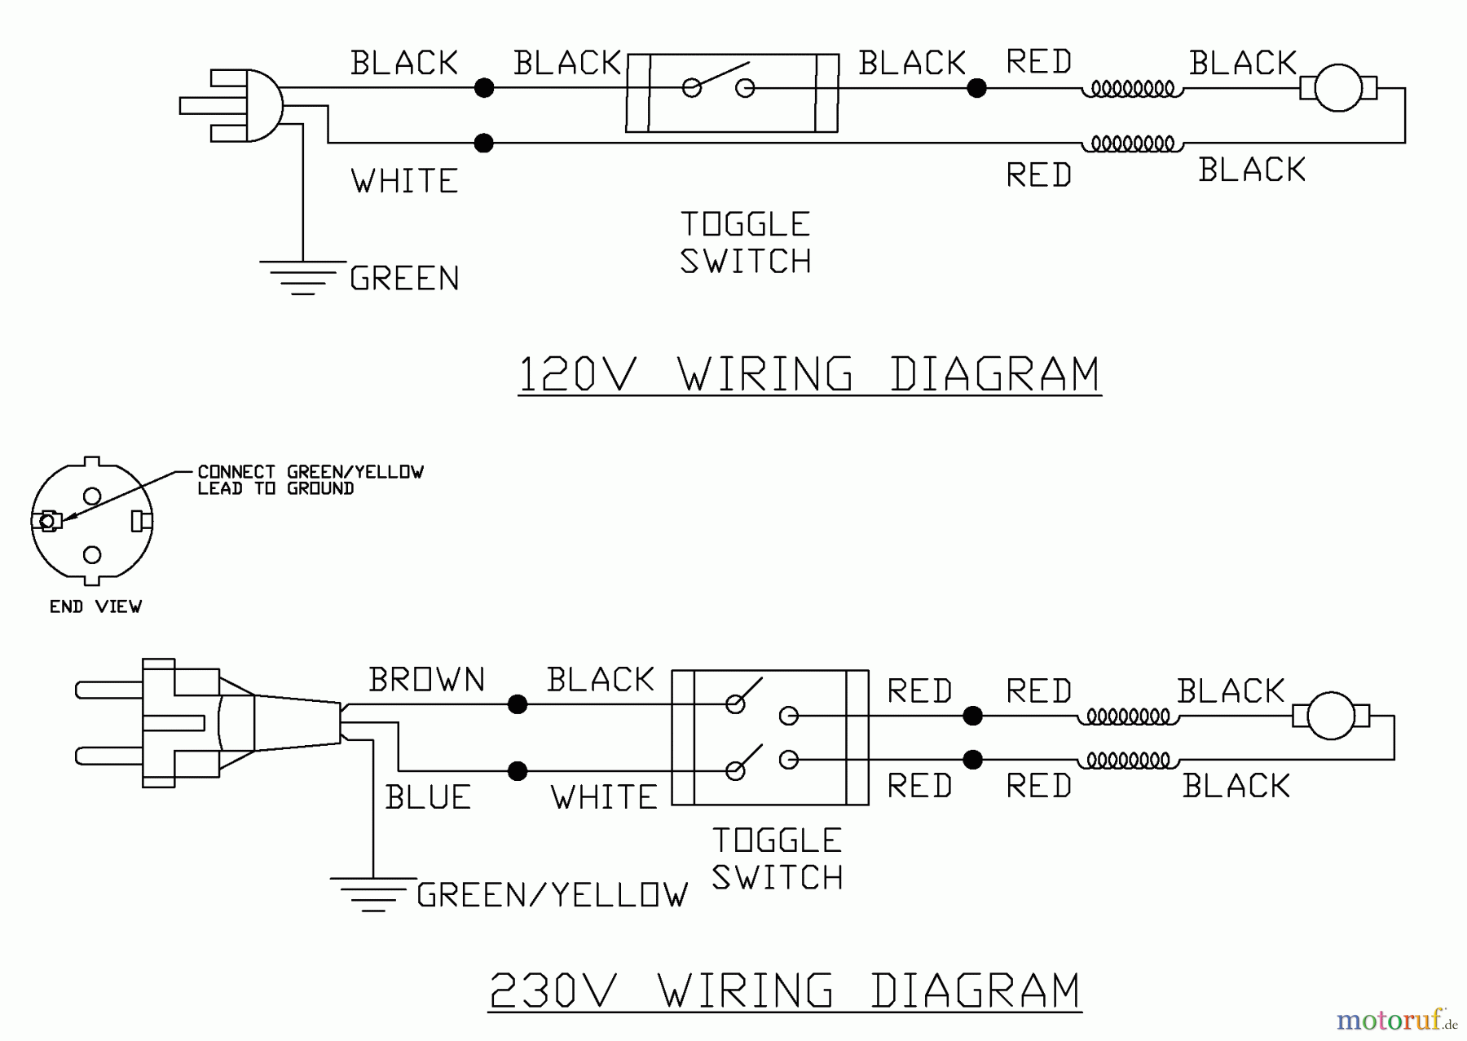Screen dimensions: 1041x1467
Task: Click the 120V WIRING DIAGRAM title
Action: [x=809, y=375]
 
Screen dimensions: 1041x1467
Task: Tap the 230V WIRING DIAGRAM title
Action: [x=785, y=991]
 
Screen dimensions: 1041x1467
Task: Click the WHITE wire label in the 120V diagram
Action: [x=405, y=181]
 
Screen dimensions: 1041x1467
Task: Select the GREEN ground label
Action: [x=405, y=279]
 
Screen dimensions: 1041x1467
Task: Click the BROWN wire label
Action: [x=427, y=680]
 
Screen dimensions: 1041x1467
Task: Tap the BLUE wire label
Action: [x=429, y=797]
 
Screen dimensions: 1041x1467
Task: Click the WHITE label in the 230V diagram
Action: [x=604, y=797]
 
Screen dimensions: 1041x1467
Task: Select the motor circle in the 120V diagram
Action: [x=1338, y=87]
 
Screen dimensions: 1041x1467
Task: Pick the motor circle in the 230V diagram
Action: [x=1331, y=716]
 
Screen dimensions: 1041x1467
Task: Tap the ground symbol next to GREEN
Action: [x=302, y=277]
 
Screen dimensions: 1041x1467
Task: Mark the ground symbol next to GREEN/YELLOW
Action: [x=372, y=893]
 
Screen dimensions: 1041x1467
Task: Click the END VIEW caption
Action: [x=95, y=607]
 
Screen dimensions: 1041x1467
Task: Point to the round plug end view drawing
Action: [x=92, y=521]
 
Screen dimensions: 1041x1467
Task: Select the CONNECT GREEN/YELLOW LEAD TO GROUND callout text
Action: [x=311, y=480]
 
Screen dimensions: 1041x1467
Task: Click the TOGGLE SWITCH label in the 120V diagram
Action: [x=746, y=243]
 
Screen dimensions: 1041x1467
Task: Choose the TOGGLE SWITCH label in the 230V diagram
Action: [x=778, y=859]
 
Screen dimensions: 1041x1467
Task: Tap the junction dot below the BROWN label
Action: [x=518, y=704]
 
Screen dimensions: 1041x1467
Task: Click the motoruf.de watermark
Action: [x=1396, y=1020]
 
